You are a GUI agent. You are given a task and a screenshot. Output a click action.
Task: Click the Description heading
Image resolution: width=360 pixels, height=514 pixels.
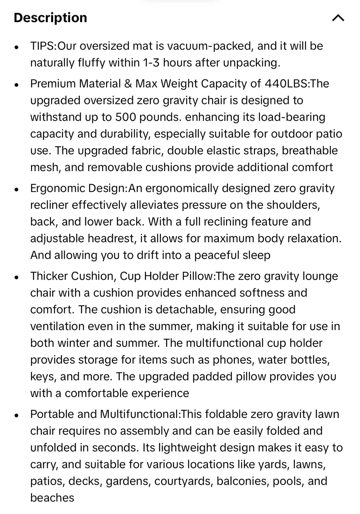50,17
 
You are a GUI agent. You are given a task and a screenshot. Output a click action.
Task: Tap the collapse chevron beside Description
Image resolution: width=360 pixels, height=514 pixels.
338,18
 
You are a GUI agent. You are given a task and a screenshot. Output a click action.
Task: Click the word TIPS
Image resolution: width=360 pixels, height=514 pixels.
42,46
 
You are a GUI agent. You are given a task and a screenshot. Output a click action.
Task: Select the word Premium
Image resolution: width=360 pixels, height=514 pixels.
53,84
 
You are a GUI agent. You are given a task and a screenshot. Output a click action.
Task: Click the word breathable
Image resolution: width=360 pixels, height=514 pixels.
310,151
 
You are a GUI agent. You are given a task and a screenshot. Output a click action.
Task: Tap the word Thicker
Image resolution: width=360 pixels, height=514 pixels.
49,276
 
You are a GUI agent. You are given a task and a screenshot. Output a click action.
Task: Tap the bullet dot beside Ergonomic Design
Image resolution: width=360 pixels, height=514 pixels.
16,190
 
